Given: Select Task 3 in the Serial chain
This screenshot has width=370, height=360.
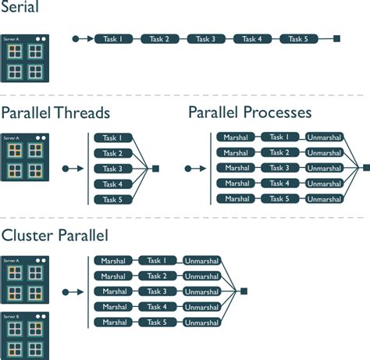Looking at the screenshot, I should click(x=205, y=38).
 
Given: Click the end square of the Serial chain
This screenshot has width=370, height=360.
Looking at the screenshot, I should click(x=336, y=38).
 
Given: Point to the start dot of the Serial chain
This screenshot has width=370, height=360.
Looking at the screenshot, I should click(x=75, y=38).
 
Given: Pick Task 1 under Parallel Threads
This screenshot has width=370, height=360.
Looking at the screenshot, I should click(x=113, y=138).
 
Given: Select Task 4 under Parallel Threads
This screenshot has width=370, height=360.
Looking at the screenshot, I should click(x=113, y=184).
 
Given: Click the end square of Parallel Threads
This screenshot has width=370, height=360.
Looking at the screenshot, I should click(x=155, y=169).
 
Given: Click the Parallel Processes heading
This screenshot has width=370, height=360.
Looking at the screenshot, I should click(x=250, y=113).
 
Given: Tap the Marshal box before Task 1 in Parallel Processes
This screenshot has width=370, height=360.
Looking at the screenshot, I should click(x=237, y=137).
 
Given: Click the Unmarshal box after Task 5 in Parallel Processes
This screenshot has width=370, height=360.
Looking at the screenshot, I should click(x=323, y=198).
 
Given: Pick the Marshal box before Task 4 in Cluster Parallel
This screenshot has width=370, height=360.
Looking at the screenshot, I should click(x=115, y=307).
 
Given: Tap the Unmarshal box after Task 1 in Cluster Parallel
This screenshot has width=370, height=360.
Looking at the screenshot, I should click(x=201, y=261).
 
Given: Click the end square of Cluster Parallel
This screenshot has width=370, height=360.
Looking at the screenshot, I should click(x=244, y=291).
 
